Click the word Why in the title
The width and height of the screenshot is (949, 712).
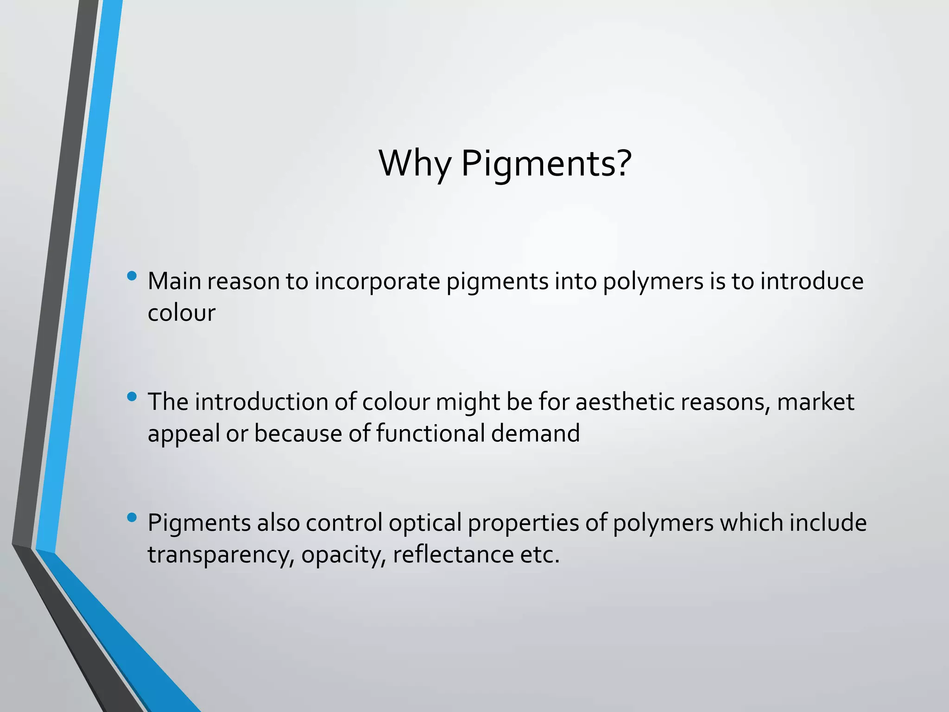414,163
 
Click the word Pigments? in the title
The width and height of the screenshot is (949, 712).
546,164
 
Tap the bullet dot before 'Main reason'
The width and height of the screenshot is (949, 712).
132,276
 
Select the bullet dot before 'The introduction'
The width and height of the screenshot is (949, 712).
132,396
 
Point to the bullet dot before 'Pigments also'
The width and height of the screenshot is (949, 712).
132,517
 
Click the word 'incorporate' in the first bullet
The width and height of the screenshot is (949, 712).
377,282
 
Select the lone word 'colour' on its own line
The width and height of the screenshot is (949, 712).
181,313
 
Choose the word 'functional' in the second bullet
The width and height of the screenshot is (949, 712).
430,433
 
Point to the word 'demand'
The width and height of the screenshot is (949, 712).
535,433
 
